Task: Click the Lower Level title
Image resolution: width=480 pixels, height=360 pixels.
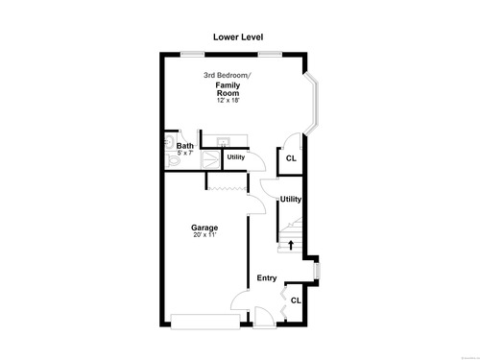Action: point(238,37)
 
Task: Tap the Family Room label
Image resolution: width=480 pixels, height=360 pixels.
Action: point(228,89)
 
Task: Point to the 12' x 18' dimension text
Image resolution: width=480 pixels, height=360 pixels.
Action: point(228,100)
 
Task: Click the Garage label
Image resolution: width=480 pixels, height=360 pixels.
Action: point(204,228)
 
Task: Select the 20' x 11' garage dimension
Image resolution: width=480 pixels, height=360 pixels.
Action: point(204,235)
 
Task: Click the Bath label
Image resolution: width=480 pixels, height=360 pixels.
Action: point(185,146)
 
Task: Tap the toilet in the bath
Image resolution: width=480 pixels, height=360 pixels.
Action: point(172,159)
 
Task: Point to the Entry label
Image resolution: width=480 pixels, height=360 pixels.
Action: point(267,278)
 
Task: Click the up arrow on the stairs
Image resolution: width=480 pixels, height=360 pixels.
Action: point(291,245)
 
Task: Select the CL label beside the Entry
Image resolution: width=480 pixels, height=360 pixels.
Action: point(296,300)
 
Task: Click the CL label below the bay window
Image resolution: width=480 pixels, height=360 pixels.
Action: point(291,158)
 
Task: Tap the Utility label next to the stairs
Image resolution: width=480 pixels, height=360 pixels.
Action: point(291,200)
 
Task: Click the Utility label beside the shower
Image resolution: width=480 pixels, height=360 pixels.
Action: point(236,157)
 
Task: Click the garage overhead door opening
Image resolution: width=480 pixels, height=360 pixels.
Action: point(205,322)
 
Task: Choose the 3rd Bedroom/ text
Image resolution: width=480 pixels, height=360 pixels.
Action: point(228,75)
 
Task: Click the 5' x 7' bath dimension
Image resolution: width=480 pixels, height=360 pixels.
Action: point(185,153)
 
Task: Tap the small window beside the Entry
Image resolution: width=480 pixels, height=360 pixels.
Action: point(317,271)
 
